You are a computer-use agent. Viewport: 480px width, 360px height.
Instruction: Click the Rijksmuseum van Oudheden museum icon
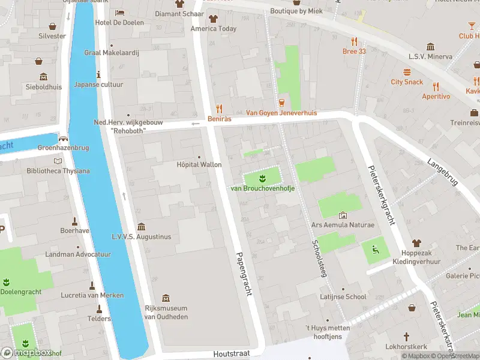click(x=166, y=298)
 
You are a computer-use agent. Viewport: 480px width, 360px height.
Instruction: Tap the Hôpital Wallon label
click(x=199, y=165)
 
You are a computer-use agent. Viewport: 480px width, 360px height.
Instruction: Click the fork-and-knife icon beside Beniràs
click(x=219, y=109)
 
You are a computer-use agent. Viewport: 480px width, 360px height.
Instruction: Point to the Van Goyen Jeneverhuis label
click(x=281, y=113)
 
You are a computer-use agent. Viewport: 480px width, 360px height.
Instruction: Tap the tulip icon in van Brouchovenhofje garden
click(x=262, y=178)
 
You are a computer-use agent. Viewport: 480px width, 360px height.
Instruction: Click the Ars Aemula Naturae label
click(x=343, y=225)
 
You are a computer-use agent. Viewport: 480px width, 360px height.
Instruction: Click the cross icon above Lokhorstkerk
click(x=406, y=337)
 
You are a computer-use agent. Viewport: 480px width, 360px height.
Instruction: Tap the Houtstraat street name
click(x=231, y=354)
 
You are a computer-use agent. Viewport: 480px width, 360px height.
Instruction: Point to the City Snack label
click(x=407, y=82)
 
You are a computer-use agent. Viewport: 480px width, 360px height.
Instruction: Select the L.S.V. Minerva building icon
click(x=430, y=47)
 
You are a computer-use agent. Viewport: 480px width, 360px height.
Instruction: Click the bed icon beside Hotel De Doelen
click(x=119, y=13)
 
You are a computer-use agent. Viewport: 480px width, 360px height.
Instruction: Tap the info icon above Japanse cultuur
click(x=98, y=74)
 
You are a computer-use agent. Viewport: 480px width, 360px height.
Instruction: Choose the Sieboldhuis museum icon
click(x=43, y=77)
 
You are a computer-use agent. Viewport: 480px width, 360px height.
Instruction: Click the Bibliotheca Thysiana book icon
click(x=58, y=161)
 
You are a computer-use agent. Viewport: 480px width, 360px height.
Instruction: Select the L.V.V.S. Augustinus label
click(x=141, y=236)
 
